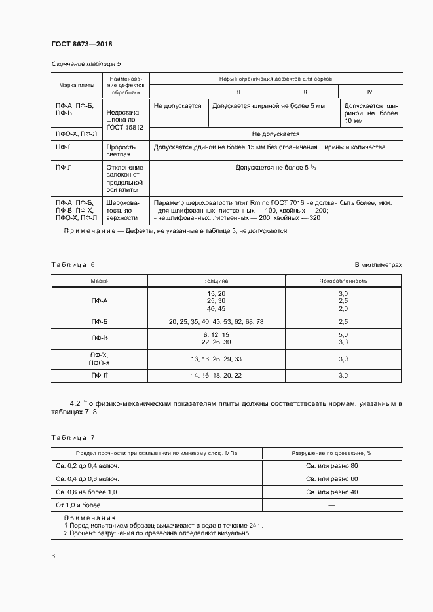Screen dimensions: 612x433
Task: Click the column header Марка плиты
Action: pyautogui.click(x=77, y=85)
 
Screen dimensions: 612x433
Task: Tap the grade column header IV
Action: pyautogui.click(x=369, y=92)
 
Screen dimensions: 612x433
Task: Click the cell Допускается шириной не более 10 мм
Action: pyautogui.click(x=371, y=113)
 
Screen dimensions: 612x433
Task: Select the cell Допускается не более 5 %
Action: pyautogui.click(x=275, y=168)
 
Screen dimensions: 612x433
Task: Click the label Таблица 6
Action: pyautogui.click(x=73, y=264)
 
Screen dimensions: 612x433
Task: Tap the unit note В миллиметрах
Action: pyautogui.click(x=378, y=264)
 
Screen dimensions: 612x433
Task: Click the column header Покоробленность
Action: pyautogui.click(x=343, y=280)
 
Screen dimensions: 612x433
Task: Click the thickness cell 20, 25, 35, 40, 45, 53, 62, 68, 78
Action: pyautogui.click(x=216, y=323)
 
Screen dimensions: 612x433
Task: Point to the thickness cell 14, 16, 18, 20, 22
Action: pyautogui.click(x=216, y=376)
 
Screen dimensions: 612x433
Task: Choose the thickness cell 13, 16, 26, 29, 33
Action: pyautogui.click(x=216, y=359)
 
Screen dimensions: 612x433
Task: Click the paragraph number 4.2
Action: pyautogui.click(x=75, y=405)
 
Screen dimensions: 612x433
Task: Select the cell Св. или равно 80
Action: pyautogui.click(x=331, y=466)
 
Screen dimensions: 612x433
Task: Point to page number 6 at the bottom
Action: pyautogui.click(x=53, y=556)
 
